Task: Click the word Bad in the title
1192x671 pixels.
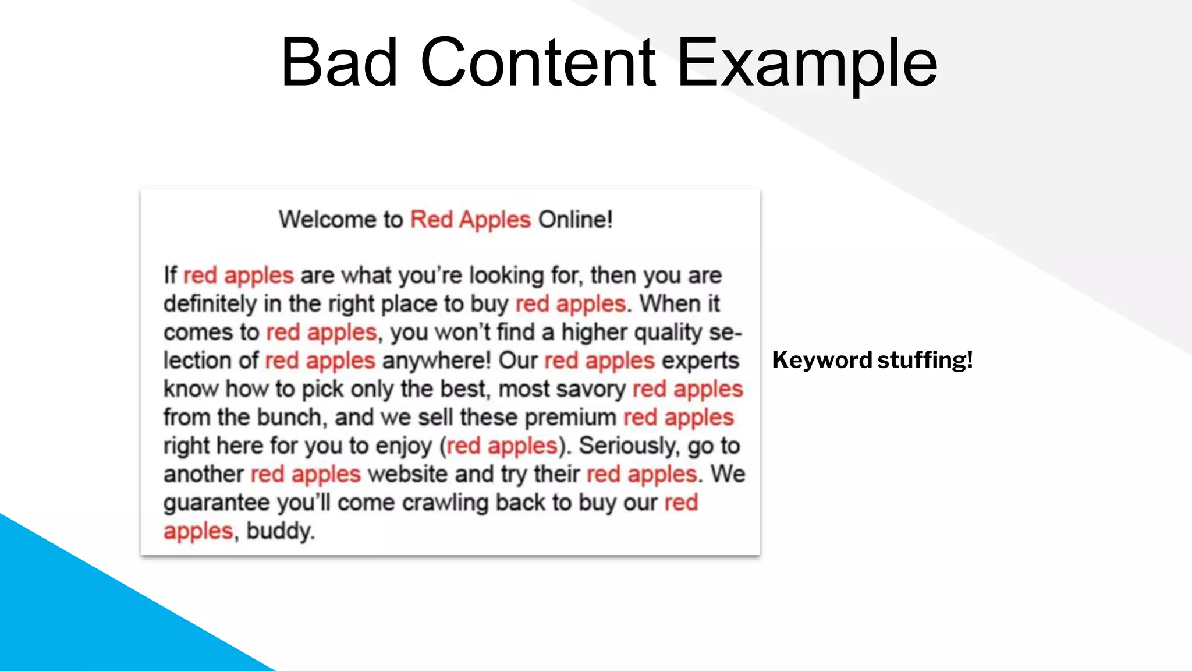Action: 339,62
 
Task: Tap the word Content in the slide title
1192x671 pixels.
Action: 538,62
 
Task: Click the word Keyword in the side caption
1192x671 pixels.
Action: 822,360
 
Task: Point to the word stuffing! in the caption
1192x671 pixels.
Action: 925,360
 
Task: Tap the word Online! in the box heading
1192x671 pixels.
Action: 575,220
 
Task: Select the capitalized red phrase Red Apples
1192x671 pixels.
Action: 470,220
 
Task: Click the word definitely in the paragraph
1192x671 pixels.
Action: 210,304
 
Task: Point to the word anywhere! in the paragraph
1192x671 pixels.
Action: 437,361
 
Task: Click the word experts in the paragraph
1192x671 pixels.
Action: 700,361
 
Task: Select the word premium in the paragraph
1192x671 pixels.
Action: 570,418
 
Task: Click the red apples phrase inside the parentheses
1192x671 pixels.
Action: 502,446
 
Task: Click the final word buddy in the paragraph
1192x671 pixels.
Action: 279,531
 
